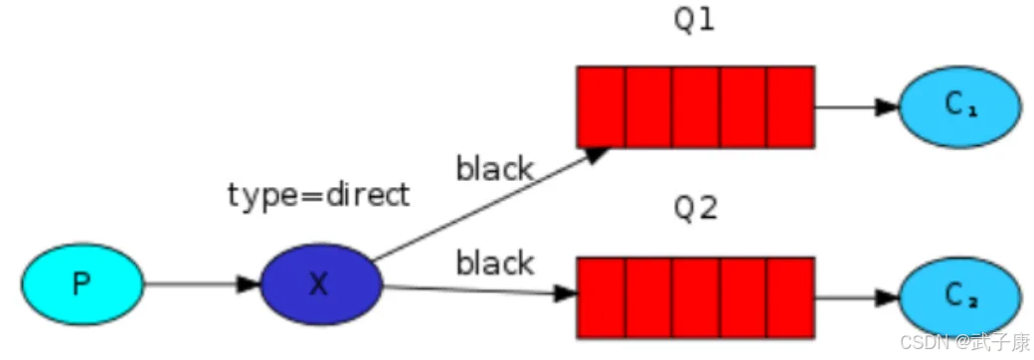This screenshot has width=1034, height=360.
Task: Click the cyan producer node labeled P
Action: click(83, 283)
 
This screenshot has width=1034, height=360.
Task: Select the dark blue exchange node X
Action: click(320, 283)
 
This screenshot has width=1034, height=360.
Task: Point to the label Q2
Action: click(695, 211)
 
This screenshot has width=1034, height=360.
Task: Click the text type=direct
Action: click(318, 195)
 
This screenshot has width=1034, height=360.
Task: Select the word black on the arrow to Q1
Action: click(494, 169)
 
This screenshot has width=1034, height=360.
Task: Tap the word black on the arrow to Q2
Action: click(494, 264)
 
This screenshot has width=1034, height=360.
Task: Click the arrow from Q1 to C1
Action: click(856, 106)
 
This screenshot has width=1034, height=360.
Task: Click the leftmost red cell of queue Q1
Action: click(602, 106)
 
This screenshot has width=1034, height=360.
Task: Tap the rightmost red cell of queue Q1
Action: click(790, 106)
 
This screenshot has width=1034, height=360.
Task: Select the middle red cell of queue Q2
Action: click(695, 296)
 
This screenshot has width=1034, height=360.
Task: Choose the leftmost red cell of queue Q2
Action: click(602, 296)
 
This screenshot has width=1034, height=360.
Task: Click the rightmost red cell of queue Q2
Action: click(790, 296)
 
